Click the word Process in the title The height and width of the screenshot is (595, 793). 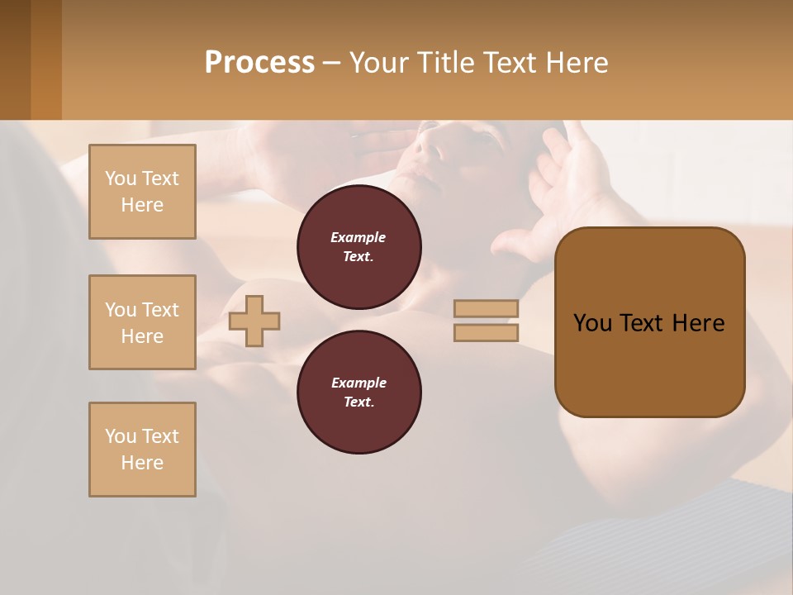(x=259, y=63)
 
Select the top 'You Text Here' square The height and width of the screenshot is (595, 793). (x=142, y=192)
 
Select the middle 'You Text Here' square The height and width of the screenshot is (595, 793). (x=142, y=322)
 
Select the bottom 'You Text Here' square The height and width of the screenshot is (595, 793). (x=142, y=450)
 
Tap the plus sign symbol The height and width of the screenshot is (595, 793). (x=254, y=321)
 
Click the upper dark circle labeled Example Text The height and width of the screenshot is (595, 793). (x=359, y=247)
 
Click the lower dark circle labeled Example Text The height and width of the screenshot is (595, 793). (x=359, y=393)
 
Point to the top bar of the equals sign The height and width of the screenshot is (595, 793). (x=486, y=308)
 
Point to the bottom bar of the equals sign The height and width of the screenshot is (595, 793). (x=486, y=332)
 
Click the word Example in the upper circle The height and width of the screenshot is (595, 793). (x=359, y=237)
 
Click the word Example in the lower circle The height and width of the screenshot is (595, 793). (x=359, y=383)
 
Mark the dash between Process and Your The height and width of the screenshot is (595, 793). (x=331, y=64)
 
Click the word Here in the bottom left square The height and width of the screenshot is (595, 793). (x=142, y=463)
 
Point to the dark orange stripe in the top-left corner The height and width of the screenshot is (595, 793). (x=45, y=59)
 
